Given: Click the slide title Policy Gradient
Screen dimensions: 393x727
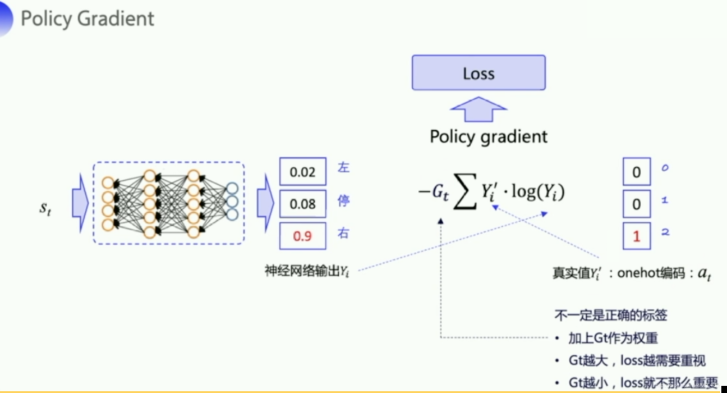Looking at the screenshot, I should click(87, 19).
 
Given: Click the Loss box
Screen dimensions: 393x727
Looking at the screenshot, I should click(478, 73).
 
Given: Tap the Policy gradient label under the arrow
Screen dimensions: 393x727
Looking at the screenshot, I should click(489, 136).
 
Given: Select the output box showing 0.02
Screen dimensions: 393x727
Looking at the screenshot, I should click(302, 172).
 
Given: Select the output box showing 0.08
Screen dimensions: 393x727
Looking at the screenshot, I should click(302, 204).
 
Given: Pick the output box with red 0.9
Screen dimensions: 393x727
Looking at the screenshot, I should click(302, 236).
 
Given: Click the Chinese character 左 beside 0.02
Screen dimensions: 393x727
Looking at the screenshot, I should click(343, 168).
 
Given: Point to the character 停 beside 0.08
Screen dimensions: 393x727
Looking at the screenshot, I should click(343, 201).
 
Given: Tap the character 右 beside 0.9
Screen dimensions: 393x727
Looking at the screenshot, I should click(343, 233).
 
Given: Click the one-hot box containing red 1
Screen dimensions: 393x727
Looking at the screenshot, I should click(637, 236).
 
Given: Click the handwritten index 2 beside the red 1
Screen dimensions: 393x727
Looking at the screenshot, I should click(665, 232).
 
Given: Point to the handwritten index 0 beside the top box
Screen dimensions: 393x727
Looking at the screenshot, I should click(665, 168).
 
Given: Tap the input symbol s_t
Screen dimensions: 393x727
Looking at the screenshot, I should click(45, 208).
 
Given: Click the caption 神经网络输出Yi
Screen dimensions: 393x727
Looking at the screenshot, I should click(307, 271).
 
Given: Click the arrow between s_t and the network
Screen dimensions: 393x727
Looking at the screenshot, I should click(80, 203).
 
